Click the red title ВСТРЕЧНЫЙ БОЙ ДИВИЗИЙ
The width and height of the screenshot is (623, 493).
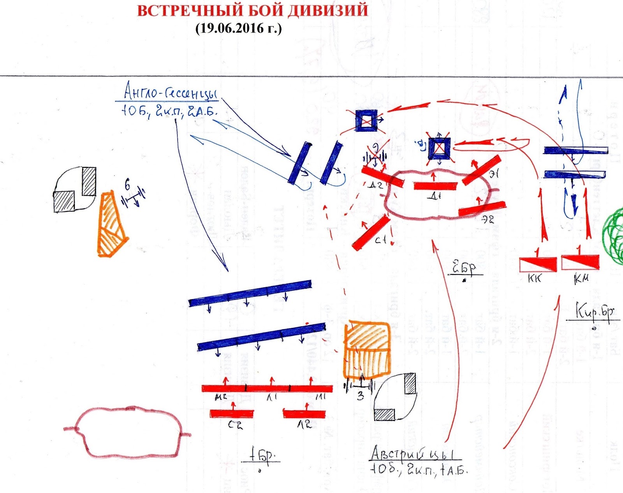252,11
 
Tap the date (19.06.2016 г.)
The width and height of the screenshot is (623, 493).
238,28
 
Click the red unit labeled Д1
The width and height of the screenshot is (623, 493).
435,186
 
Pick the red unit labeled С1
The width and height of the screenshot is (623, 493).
371,232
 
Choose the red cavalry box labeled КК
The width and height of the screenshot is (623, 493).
538,264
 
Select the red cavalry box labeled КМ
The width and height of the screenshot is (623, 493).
580,262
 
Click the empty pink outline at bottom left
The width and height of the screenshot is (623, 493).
128,431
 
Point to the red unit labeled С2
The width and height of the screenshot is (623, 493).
232,414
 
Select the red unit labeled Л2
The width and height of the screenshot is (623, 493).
304,414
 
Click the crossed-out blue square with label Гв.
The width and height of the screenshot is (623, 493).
440,148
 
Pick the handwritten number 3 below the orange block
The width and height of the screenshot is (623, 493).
361,396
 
